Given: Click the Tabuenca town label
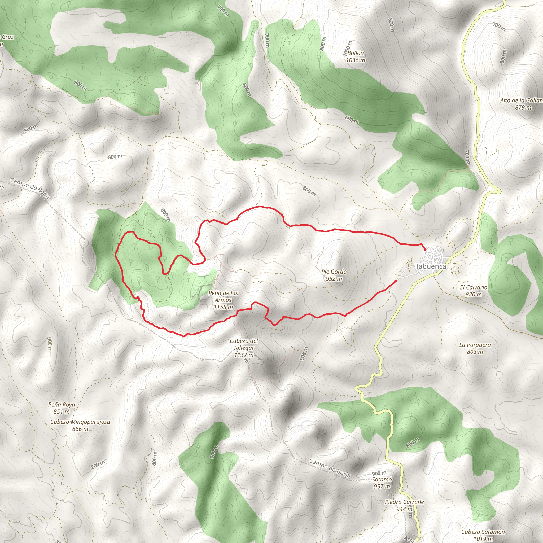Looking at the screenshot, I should [x=430, y=266].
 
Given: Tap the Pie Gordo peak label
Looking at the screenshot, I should [x=334, y=272].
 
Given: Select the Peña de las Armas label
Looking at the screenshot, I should [x=223, y=296].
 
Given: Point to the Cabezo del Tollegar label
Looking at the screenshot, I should [x=244, y=344].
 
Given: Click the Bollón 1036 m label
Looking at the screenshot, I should [x=356, y=56].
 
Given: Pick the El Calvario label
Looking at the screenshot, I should [x=474, y=287].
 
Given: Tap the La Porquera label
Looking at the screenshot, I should [x=475, y=345].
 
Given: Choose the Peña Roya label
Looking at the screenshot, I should [x=62, y=404].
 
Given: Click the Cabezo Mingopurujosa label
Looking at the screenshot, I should [x=80, y=422].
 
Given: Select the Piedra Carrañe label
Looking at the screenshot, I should [x=404, y=502].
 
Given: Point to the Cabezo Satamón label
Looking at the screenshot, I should [x=483, y=532].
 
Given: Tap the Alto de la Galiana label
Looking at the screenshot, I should [x=521, y=100].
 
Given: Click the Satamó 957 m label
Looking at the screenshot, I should [x=382, y=483].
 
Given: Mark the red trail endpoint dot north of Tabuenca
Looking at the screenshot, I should [x=425, y=249].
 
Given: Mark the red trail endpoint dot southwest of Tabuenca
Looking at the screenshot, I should [x=395, y=281].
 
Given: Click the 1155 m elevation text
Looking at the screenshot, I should [x=223, y=307].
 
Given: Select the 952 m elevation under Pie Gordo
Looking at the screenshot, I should [x=334, y=279].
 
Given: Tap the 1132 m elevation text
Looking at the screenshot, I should [x=244, y=355].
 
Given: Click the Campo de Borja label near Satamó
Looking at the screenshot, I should [x=330, y=468].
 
